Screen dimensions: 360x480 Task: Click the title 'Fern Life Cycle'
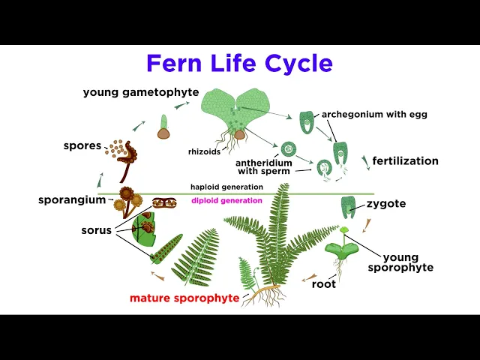[239, 63]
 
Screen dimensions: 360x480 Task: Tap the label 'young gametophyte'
[141, 92]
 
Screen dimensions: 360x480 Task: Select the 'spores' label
[82, 145]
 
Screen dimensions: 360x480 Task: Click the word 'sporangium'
[72, 200]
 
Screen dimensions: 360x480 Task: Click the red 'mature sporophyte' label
[184, 298]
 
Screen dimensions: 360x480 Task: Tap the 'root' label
[324, 284]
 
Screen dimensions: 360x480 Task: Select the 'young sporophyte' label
[408, 262]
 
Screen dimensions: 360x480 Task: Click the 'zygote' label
[386, 203]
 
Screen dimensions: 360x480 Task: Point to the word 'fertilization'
[405, 160]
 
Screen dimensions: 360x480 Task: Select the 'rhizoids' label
[203, 152]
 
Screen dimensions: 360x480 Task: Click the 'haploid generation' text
[226, 187]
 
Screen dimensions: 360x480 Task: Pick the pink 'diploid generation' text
[226, 200]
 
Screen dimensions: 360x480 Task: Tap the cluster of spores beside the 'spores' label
[117, 148]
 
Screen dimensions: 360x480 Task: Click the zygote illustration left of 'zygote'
[348, 205]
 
